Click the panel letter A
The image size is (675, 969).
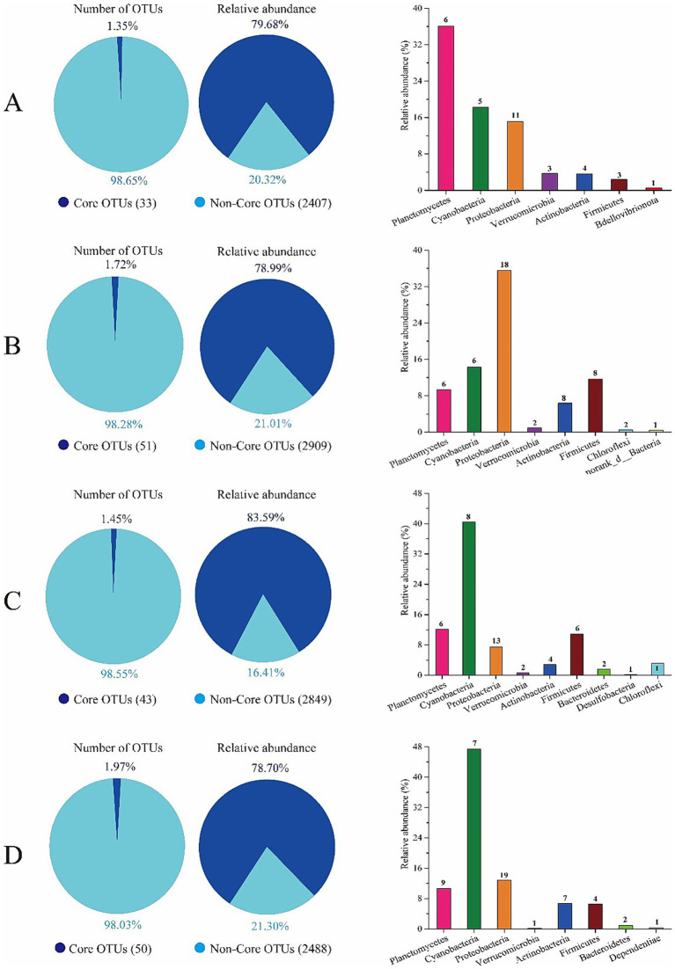(13, 103)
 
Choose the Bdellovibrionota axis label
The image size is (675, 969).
(613, 220)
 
